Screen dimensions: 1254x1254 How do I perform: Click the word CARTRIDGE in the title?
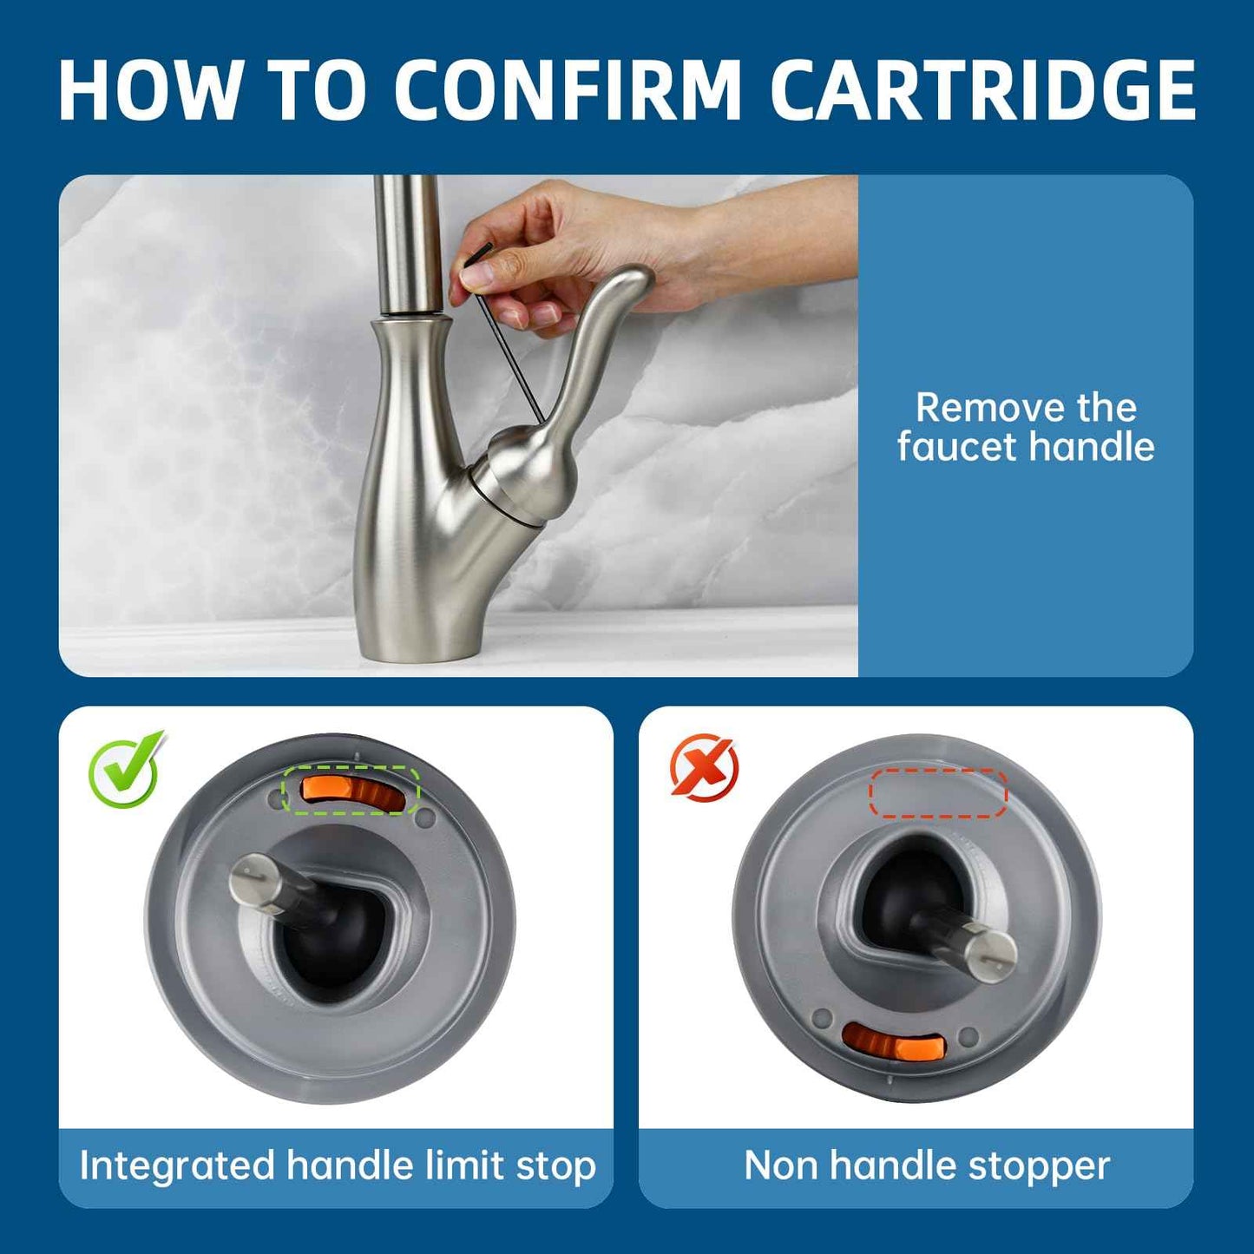[x=982, y=90]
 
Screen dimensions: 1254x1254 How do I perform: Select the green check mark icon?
[x=126, y=769]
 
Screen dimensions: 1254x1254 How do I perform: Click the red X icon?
[x=704, y=766]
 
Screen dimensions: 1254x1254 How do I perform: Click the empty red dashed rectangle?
[x=937, y=792]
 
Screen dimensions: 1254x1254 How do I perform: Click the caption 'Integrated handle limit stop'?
[x=337, y=1165]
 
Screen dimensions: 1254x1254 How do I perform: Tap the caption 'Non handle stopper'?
[x=927, y=1165]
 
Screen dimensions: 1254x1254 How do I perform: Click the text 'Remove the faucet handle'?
[x=1026, y=427]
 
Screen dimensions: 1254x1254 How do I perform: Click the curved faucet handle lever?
[x=599, y=347]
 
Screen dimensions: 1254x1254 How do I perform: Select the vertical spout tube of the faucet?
[x=406, y=243]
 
